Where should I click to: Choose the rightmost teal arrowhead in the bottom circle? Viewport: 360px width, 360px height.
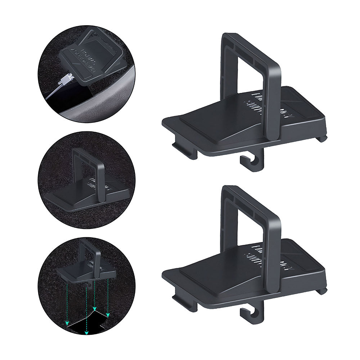(108, 315)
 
